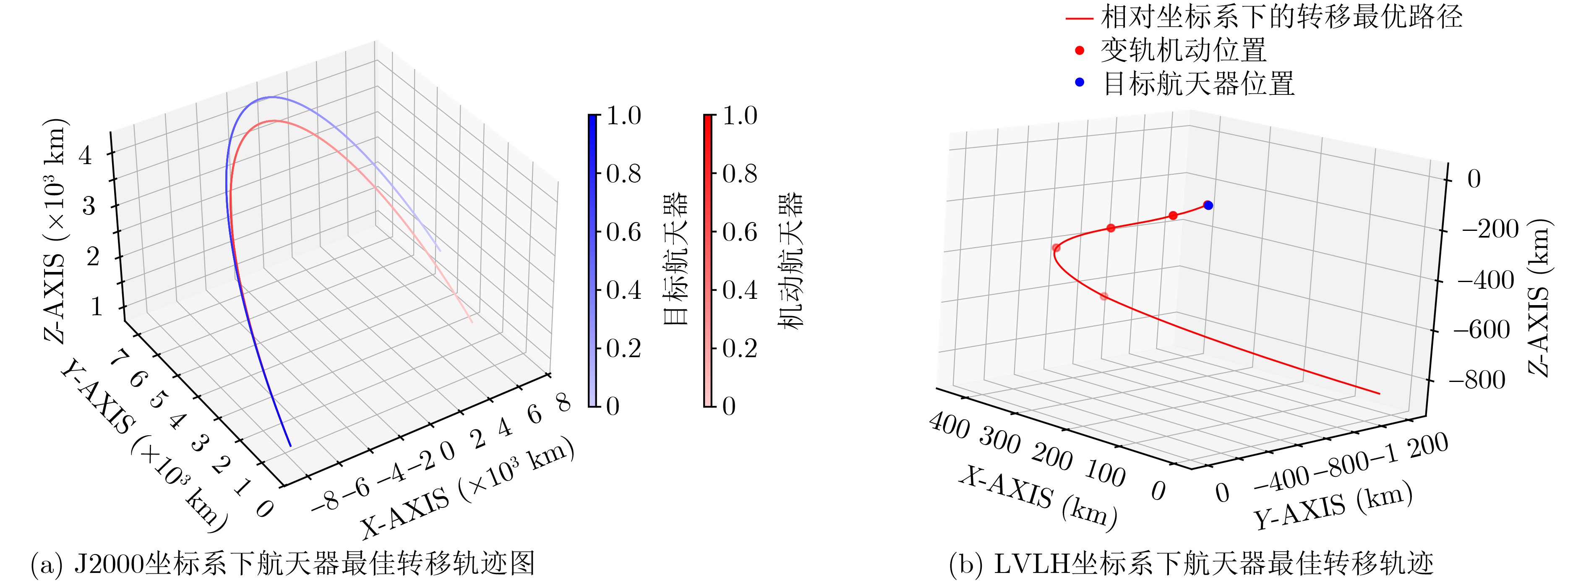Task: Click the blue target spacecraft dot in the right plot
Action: pyautogui.click(x=1208, y=205)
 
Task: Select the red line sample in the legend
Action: pyautogui.click(x=1079, y=18)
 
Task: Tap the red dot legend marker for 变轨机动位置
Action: pyautogui.click(x=1079, y=50)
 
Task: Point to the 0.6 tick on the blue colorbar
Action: pyautogui.click(x=623, y=232)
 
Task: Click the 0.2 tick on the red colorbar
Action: pyautogui.click(x=739, y=348)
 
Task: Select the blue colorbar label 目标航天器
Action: pyautogui.click(x=676, y=259)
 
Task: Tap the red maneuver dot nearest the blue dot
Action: pyautogui.click(x=1173, y=215)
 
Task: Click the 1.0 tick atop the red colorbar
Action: pyautogui.click(x=739, y=116)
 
